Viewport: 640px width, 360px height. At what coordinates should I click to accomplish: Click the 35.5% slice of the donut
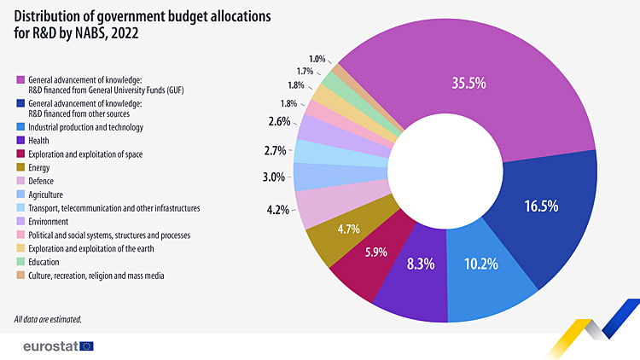tap(470, 84)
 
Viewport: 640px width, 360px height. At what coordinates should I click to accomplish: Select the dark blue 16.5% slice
tap(544, 207)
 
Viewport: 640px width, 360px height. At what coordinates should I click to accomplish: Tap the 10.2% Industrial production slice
tap(480, 264)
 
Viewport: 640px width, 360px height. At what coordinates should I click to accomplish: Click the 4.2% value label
tap(277, 208)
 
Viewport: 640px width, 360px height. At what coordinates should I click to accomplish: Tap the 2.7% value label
tap(275, 151)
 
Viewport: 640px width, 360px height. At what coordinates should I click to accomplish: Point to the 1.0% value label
tap(317, 59)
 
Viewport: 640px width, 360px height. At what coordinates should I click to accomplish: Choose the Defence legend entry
tap(41, 181)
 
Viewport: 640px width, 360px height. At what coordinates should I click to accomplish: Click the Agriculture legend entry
tap(47, 195)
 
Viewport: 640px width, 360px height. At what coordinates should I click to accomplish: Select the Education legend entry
tap(44, 262)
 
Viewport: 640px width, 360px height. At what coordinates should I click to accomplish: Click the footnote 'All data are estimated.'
tap(48, 319)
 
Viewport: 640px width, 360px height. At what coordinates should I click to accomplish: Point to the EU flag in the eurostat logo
tap(86, 345)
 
